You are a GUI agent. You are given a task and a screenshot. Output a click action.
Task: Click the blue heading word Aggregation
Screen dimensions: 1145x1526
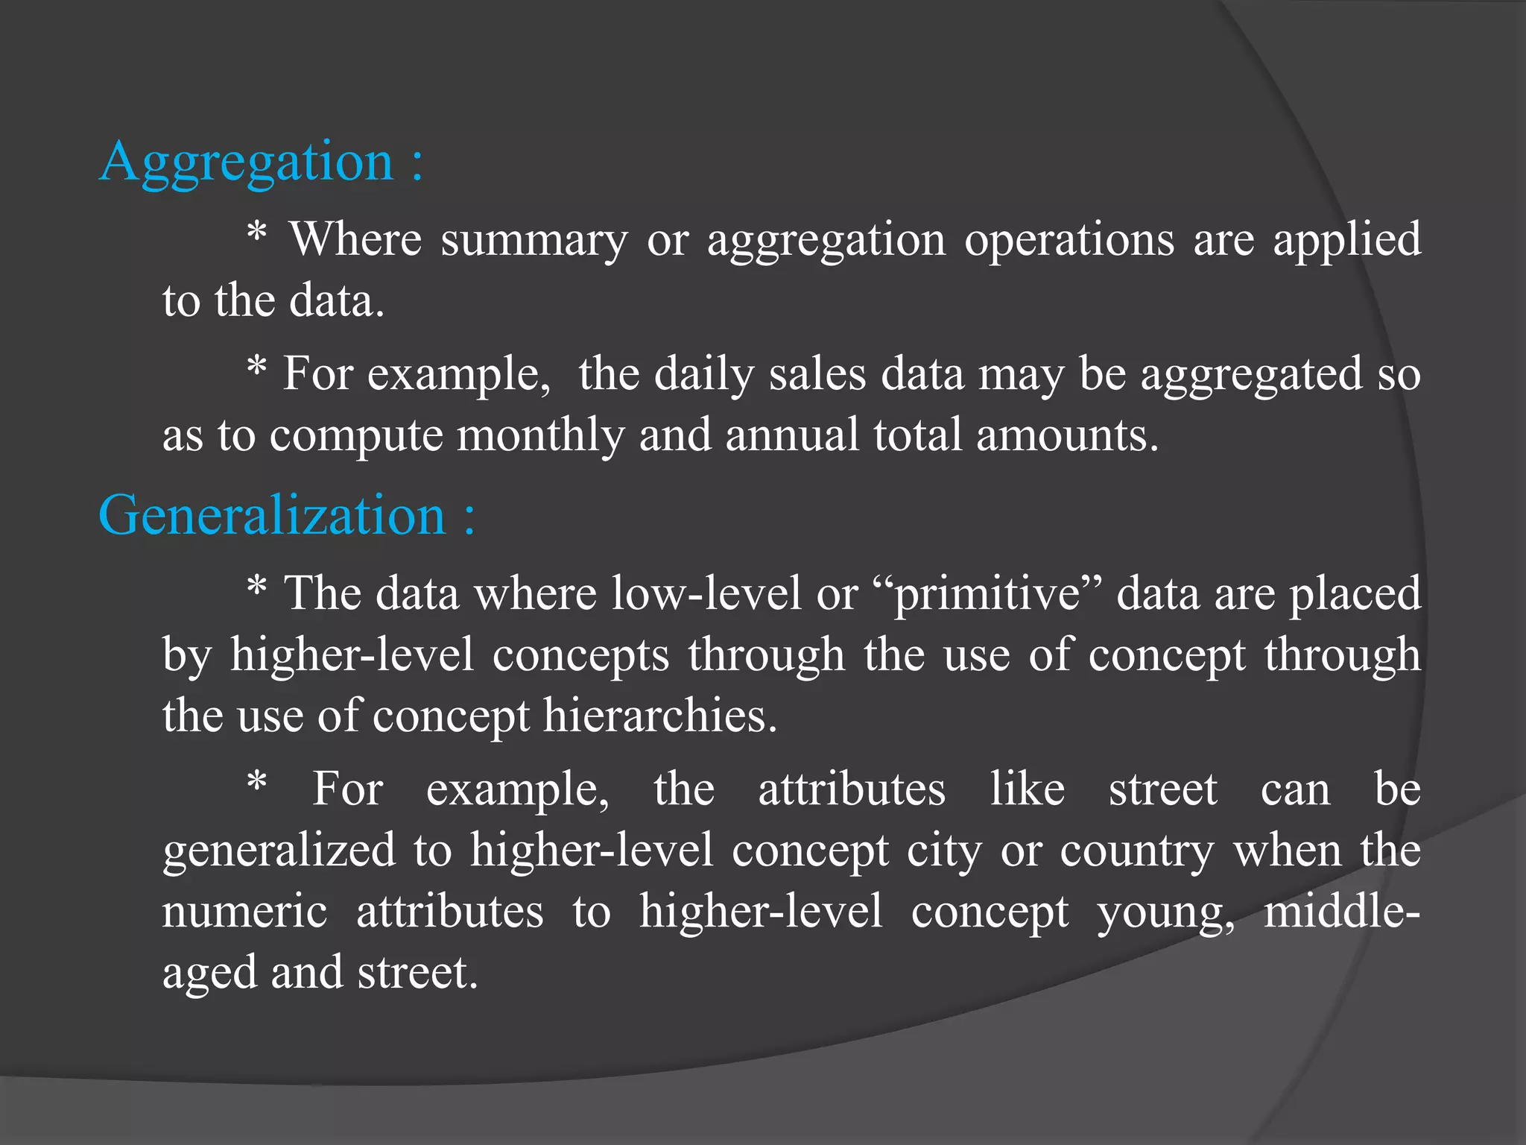coord(246,162)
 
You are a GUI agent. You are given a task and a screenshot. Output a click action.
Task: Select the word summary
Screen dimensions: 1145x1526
coord(534,240)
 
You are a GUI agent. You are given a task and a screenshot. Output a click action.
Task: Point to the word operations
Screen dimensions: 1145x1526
coord(1068,240)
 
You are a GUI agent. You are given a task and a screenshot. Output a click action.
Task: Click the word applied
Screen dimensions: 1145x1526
coord(1346,240)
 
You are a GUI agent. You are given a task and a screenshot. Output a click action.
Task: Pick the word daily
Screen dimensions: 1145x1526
coord(704,374)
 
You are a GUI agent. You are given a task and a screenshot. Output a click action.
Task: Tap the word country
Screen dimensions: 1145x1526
coord(1137,851)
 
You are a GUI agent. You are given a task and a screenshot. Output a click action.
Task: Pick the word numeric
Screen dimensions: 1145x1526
coord(244,912)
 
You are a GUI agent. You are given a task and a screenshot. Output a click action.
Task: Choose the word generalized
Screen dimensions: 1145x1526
coord(279,851)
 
